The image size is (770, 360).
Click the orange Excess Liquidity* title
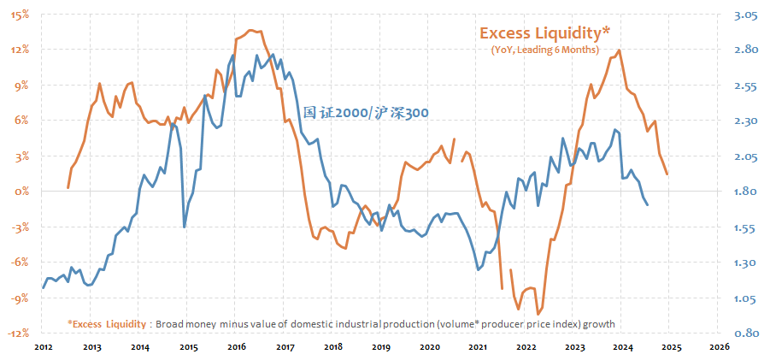544,32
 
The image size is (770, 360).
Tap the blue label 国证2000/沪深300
366,112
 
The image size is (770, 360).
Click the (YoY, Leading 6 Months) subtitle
544,51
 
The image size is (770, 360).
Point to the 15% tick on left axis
21,15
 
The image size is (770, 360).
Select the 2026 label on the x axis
720,347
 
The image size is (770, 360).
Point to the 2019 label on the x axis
381,347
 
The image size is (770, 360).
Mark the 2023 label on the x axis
574,347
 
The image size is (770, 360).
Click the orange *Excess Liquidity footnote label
107,324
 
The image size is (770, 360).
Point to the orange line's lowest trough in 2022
538,314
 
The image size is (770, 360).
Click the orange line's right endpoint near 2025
667,174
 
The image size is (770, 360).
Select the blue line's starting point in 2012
44,287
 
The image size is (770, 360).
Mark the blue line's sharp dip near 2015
185,227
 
